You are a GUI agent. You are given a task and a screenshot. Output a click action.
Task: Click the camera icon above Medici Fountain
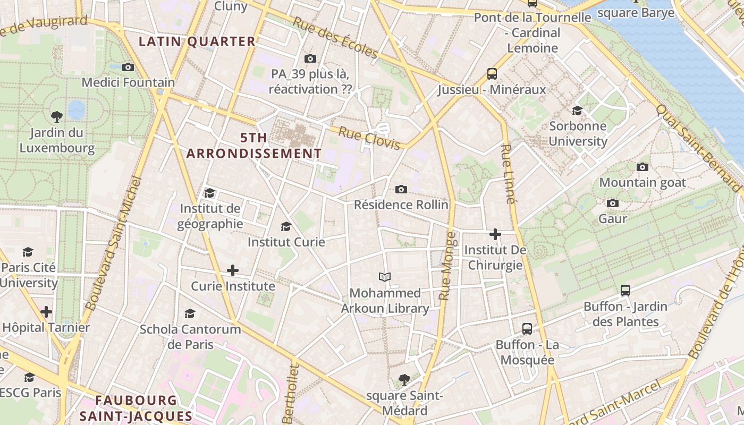coord(128,67)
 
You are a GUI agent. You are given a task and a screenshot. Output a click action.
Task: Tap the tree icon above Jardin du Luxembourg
coord(56,116)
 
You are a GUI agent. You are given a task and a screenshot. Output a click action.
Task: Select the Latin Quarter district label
coord(197,41)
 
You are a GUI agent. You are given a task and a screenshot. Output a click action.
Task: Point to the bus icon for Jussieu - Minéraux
coord(492,74)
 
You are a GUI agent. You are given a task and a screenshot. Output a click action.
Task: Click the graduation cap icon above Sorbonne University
coord(577,110)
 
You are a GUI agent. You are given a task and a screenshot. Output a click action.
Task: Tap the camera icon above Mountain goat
coord(642,167)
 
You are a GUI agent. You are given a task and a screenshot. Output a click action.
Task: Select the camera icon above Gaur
coord(612,203)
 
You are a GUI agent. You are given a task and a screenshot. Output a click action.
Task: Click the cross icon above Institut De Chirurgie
coord(495,234)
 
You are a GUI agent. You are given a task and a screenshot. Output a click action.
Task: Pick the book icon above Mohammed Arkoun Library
coord(385,277)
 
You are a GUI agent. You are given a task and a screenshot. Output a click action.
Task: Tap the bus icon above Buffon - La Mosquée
coord(527,328)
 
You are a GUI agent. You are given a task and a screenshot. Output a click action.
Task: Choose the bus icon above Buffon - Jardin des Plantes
coord(625,291)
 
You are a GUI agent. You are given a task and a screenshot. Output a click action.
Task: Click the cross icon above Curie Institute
coord(232,270)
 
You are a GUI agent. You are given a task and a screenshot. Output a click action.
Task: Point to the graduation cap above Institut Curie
coord(286,226)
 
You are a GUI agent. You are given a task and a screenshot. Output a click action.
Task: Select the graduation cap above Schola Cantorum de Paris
coord(190,313)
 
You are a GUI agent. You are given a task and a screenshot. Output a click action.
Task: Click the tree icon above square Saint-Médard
coord(404,379)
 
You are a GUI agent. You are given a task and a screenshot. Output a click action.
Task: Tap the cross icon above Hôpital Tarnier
coord(46,311)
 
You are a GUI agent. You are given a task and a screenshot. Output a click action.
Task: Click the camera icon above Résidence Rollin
coord(401,189)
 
